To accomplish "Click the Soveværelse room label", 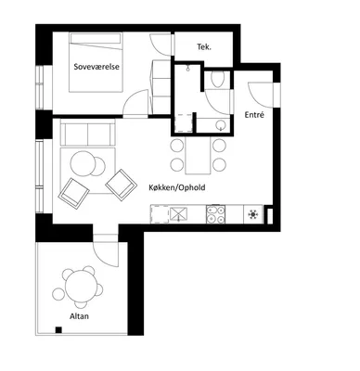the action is (x=96, y=67).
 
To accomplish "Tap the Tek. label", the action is (x=204, y=47).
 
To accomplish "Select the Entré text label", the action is (x=254, y=115).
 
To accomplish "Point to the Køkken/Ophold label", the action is (x=177, y=187).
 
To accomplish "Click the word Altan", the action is (x=79, y=316).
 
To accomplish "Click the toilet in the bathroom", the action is (x=217, y=80).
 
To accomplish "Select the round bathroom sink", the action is (x=221, y=125).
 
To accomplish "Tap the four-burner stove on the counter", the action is (x=215, y=214).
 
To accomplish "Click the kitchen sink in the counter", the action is (x=178, y=214).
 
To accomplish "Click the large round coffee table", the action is (x=83, y=164).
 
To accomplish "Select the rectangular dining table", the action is (x=199, y=155).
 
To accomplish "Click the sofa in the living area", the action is (x=88, y=133).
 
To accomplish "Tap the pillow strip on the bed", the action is (x=96, y=38).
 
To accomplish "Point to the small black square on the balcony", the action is (x=58, y=329).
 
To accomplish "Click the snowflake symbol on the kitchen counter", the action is (x=253, y=214).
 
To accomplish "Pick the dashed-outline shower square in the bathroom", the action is (x=184, y=123).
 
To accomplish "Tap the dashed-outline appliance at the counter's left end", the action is (x=160, y=214).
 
